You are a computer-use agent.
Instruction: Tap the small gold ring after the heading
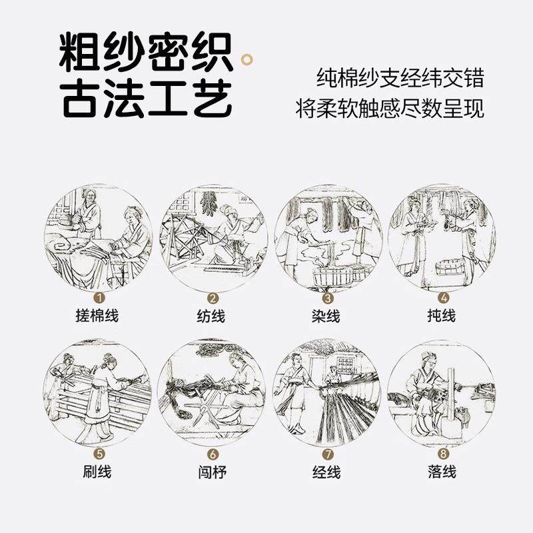pyautogui.click(x=248, y=62)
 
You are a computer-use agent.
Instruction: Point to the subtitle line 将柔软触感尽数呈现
pyautogui.click(x=390, y=109)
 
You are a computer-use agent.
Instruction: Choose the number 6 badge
pyautogui.click(x=213, y=455)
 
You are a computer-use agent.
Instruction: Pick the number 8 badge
pyautogui.click(x=442, y=455)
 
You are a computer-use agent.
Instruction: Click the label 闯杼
pyautogui.click(x=213, y=472)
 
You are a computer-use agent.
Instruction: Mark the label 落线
pyautogui.click(x=442, y=472)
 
